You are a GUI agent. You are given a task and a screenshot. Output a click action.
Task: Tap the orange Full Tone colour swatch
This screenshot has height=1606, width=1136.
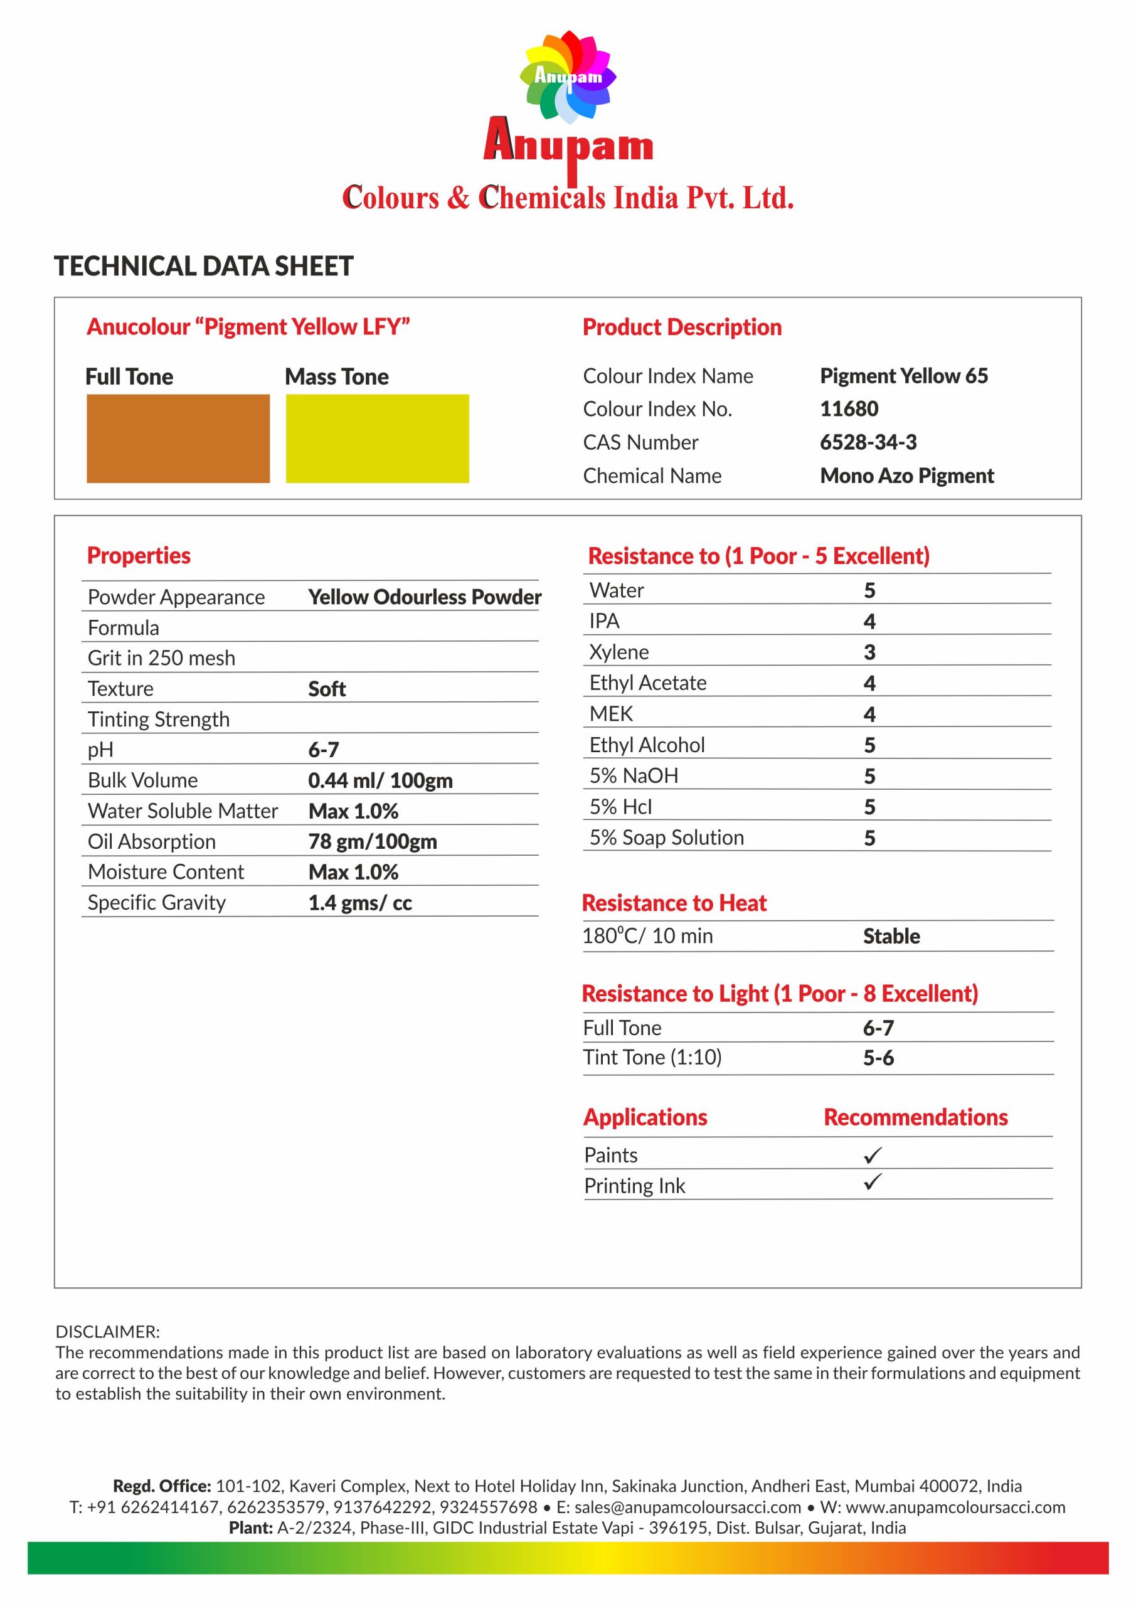point(178,439)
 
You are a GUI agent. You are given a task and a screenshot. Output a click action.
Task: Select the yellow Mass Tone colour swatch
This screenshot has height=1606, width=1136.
point(377,439)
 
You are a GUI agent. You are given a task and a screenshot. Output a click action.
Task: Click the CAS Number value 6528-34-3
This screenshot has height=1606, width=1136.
point(868,442)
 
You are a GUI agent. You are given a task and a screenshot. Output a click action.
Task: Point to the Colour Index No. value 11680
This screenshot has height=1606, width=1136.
point(849,408)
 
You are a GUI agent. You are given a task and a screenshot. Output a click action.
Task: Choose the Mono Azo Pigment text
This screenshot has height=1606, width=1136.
point(906,476)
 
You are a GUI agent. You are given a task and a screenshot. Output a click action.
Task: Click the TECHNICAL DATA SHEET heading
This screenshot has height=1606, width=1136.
point(204,267)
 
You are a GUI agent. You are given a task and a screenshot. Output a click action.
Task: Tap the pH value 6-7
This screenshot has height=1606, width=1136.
point(323,750)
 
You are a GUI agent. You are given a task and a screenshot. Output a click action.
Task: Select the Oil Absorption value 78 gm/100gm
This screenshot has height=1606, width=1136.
point(372,841)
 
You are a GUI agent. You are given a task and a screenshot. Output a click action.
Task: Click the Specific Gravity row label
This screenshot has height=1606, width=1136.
point(157,902)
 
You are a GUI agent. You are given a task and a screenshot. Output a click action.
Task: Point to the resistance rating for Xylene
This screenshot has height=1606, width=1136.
point(869,652)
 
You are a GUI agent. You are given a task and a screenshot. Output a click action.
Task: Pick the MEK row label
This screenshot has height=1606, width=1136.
point(611,713)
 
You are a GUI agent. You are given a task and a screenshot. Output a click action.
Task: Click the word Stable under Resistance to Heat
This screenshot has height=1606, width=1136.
point(891,936)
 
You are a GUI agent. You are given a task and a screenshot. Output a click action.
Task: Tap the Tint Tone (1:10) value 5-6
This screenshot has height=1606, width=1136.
point(878,1058)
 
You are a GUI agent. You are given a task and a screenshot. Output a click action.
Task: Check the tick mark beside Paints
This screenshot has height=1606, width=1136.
point(873,1155)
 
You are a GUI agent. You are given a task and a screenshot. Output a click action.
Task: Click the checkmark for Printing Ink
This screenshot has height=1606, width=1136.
point(873,1183)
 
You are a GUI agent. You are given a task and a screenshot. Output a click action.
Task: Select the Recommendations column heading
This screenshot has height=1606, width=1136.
point(915,1117)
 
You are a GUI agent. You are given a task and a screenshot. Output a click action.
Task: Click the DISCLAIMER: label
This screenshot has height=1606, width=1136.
point(108,1331)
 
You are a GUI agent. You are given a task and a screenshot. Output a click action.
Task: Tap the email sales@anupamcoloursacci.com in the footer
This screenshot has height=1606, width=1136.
point(687,1507)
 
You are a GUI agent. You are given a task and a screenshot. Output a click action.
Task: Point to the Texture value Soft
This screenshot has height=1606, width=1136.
point(327,689)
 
